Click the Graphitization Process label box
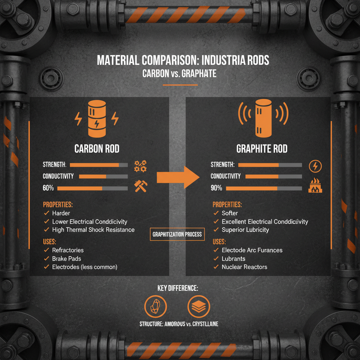coord(177,234)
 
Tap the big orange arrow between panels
coord(178,177)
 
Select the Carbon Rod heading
coord(97,149)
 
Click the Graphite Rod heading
coord(262,149)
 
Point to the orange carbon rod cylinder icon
coord(97,119)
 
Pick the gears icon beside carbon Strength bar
coord(140,166)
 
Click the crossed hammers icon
coord(141,186)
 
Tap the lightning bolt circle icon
coord(315,166)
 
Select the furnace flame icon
coord(315,185)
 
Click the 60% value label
coord(48,188)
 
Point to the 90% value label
coord(216,188)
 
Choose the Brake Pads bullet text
coord(66,259)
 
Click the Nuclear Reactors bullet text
coord(245,267)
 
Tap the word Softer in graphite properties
coord(230,213)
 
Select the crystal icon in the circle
coord(155,307)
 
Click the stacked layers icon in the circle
coord(199,307)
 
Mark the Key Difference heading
coord(178,288)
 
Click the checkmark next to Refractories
coord(47,250)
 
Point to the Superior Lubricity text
coord(245,230)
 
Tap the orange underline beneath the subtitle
coord(180,85)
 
